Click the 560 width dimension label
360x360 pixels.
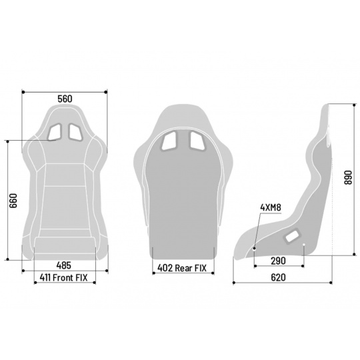65,99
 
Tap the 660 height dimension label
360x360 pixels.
13,201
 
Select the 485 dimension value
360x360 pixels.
64,265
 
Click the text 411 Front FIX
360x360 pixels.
63,277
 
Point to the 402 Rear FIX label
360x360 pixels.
182,268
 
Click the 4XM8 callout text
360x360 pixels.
271,207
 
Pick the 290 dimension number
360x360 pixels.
278,261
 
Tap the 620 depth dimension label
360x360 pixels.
278,277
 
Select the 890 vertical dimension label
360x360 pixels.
348,177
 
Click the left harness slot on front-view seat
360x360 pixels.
55,132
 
